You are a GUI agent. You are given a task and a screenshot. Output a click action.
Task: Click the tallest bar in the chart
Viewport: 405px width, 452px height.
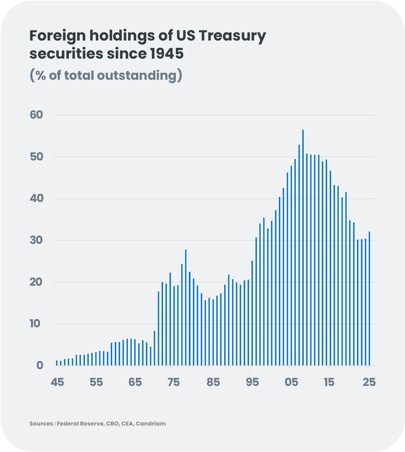pos(303,248)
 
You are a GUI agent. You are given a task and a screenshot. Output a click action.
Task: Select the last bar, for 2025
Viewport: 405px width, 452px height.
pos(369,298)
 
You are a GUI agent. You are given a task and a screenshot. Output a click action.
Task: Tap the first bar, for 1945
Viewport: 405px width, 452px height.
pos(57,363)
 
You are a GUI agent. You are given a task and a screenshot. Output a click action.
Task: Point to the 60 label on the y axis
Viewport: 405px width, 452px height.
pos(37,115)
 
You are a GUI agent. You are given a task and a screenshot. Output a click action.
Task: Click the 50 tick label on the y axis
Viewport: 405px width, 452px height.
pos(37,157)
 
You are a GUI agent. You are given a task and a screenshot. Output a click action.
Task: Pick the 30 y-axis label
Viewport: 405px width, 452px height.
pos(37,240)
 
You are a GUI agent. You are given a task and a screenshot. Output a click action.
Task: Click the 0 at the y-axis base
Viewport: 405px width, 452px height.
pos(40,365)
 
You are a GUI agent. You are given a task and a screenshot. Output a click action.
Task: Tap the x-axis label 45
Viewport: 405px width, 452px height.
pos(57,382)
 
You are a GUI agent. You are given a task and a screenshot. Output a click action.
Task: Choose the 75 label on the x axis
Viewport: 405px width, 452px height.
pos(173,382)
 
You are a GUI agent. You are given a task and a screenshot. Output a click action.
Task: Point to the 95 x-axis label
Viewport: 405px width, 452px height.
pos(252,382)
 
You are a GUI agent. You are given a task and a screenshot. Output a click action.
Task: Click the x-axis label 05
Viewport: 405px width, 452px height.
pos(291,382)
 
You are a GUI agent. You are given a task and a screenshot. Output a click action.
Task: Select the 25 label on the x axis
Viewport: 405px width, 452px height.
pos(369,382)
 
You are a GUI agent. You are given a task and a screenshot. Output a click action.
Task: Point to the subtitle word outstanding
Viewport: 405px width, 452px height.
pos(137,75)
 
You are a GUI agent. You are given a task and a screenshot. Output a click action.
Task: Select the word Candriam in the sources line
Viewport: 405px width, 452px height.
pos(151,424)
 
